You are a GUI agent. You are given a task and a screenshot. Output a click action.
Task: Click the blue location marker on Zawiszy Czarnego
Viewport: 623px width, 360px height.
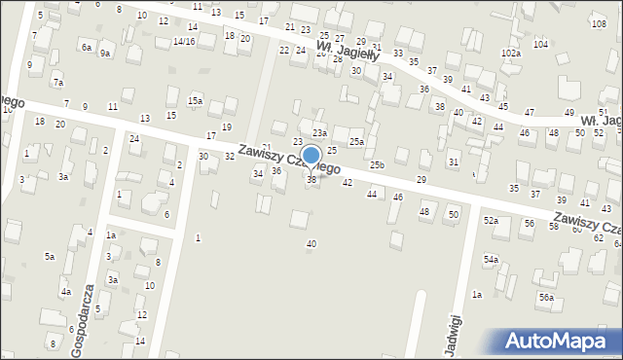[x=311, y=156]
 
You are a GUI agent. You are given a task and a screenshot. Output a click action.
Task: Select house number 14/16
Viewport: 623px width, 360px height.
[x=184, y=42]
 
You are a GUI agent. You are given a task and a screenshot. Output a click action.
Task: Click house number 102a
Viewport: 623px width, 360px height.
[x=511, y=53]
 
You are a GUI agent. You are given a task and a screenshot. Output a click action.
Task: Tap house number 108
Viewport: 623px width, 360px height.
[x=599, y=22]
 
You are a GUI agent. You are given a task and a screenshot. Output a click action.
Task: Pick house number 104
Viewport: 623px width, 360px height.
[x=540, y=45]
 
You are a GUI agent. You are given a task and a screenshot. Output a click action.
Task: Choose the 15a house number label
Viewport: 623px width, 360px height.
[x=196, y=101]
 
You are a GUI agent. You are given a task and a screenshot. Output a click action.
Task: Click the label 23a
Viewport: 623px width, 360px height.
[x=319, y=133]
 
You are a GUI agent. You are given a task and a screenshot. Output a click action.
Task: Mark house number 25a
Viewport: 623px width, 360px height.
[x=357, y=142]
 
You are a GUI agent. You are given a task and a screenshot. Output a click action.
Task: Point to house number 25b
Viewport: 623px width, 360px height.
[x=377, y=165]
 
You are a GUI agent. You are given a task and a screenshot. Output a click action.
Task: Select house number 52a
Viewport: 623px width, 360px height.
[x=491, y=221]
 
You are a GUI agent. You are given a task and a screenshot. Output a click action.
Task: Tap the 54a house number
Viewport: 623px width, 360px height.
[x=491, y=260]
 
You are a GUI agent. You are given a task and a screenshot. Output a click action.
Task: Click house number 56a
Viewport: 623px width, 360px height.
[x=547, y=298]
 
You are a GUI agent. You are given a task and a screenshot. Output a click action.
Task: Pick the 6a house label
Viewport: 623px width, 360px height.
[x=87, y=47]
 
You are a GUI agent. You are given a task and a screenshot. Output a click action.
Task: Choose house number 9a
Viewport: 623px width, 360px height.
[x=104, y=54]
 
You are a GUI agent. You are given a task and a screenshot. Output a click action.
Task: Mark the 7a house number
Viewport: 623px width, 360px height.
[x=58, y=83]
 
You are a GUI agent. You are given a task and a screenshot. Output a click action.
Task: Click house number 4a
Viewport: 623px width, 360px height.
[x=66, y=292]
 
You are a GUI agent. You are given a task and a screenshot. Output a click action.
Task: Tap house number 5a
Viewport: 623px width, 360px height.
[x=49, y=256]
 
